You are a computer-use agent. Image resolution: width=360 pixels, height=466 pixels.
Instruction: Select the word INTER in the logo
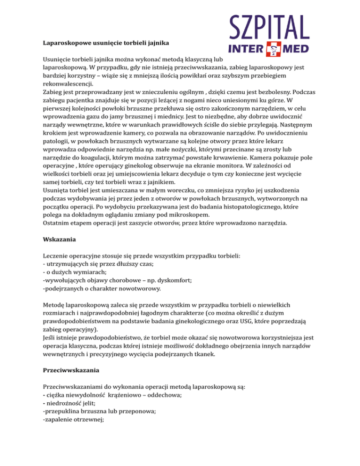coord(245,49)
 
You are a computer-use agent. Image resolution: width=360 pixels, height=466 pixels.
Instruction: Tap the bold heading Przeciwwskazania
coord(70,370)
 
